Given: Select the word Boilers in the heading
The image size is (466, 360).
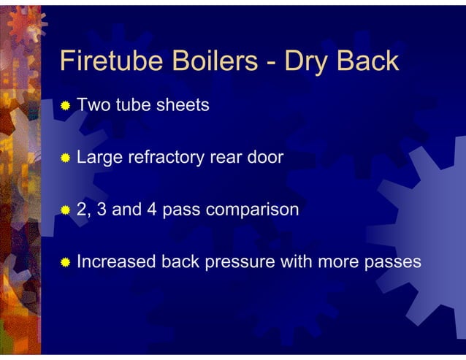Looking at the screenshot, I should coord(207,61).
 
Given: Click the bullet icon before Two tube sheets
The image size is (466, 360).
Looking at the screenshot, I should coord(66,107).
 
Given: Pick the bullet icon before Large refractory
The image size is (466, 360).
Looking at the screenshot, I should coord(66,158).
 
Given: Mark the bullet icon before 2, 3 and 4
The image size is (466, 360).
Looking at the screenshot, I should coord(66,210).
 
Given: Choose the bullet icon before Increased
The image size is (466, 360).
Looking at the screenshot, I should coord(66,262).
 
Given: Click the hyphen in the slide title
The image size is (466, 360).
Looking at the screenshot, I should coord(272,63).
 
